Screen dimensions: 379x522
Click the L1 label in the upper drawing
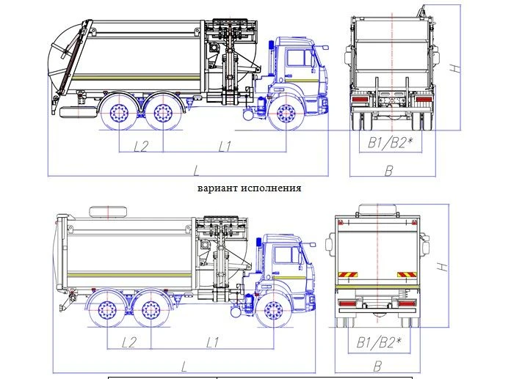tap(225, 145)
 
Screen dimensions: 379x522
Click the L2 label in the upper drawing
tap(142, 145)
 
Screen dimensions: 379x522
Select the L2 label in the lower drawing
tap(130, 342)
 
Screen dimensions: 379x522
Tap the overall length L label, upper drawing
tap(197, 171)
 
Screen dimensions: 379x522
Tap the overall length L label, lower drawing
tap(184, 364)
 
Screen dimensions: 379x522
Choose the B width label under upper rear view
tap(390, 171)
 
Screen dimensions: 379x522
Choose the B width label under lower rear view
tap(378, 364)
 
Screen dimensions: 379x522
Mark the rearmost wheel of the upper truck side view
tap(119, 115)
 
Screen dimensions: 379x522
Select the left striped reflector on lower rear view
tap(345, 276)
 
